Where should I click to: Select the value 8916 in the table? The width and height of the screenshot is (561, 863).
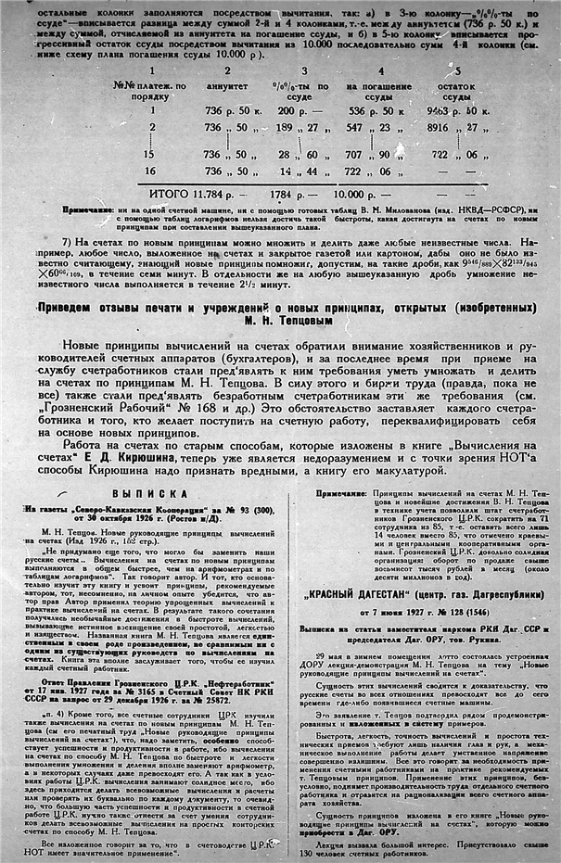click(450, 126)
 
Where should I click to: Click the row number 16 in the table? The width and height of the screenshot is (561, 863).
click(151, 171)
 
